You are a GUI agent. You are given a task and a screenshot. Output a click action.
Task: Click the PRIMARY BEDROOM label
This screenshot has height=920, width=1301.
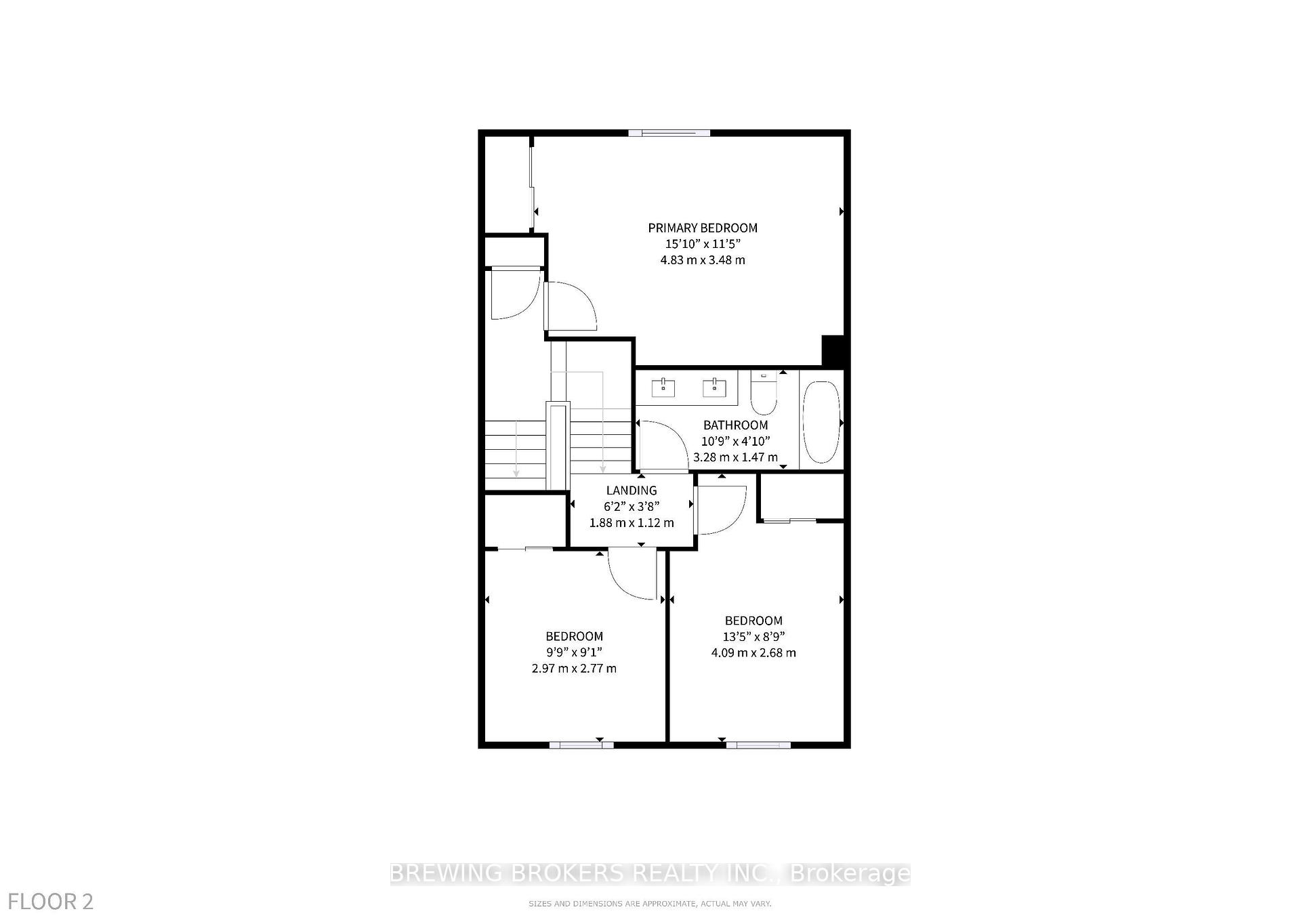click(x=703, y=228)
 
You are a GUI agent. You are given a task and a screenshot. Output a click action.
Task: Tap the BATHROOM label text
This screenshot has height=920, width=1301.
click(x=735, y=425)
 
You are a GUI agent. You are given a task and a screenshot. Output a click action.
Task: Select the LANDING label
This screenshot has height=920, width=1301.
click(x=631, y=490)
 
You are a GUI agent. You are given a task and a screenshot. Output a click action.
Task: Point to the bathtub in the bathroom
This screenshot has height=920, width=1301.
click(x=821, y=422)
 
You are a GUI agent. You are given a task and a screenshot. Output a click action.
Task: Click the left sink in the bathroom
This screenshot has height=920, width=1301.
click(x=663, y=388)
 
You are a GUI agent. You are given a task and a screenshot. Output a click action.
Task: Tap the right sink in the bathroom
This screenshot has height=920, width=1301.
click(x=714, y=388)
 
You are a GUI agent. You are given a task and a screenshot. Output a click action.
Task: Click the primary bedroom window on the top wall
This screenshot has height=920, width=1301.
click(x=669, y=133)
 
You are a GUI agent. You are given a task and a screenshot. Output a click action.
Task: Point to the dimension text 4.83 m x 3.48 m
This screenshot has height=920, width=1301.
click(x=703, y=260)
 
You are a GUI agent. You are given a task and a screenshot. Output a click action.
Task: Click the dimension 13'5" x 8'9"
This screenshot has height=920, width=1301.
click(x=753, y=637)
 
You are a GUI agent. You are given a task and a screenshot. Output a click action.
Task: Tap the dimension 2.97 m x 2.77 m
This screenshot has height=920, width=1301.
click(x=574, y=669)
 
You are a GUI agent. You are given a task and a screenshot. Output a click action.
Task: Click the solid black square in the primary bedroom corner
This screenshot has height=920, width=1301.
click(x=833, y=350)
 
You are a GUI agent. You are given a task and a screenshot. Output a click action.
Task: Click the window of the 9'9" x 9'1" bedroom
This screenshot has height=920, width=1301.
click(x=581, y=745)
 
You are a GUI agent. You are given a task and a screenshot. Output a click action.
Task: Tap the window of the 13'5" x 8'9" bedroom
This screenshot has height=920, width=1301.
click(x=758, y=745)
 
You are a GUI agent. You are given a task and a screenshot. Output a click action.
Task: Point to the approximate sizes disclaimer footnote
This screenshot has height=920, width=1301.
click(x=650, y=904)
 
